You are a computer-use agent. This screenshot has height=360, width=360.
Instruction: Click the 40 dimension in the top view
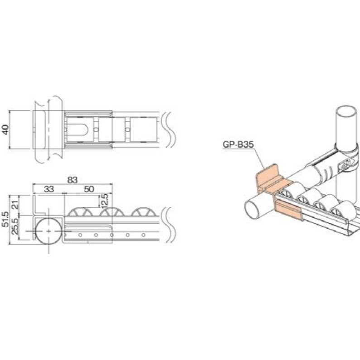5,130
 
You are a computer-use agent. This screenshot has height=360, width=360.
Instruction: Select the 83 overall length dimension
72,180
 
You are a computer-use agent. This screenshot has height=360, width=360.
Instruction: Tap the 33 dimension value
49,188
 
